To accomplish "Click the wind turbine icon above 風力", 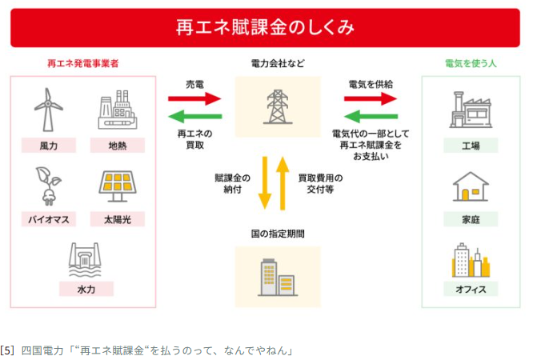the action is coord(48,110).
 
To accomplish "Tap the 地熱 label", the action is coord(118,146).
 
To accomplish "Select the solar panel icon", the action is coord(118,186).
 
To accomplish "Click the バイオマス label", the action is coord(49,219).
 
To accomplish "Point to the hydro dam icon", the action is coord(85,260).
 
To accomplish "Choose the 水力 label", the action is coord(86,290).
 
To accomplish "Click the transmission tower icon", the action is coord(278,106).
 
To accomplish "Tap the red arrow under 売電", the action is coord(194,99).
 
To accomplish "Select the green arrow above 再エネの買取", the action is coord(195,116).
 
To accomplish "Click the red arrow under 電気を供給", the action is coord(371,99).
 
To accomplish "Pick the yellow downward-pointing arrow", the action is coord(265,183).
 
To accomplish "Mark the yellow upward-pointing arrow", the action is coord(283,183).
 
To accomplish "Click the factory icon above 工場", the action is coord(471,110).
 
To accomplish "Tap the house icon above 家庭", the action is coord(471,186).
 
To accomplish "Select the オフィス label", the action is coord(471,290).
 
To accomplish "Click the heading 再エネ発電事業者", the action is coord(83,63).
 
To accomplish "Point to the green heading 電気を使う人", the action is coord(471,63).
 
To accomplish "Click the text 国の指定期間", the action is coord(278,234).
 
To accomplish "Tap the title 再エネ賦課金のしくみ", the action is coord(265,27).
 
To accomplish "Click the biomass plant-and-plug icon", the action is coord(49,186).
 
